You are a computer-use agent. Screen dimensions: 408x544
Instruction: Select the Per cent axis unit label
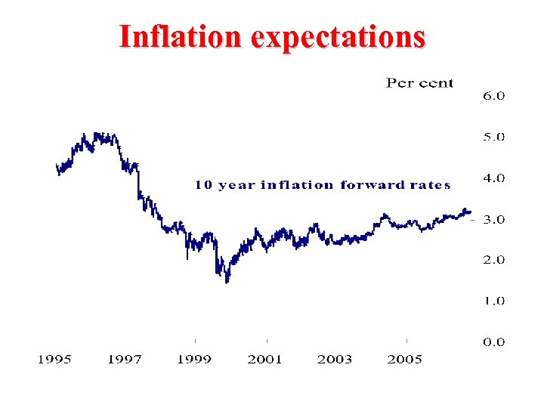pyautogui.click(x=419, y=83)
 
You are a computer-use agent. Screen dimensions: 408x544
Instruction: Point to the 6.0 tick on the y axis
pyautogui.click(x=493, y=96)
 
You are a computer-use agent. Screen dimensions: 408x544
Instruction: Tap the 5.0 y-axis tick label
pyautogui.click(x=493, y=138)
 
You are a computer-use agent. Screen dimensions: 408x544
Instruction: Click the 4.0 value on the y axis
pyautogui.click(x=493, y=178)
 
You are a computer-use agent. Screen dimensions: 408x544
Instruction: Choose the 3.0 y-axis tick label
pyautogui.click(x=493, y=219)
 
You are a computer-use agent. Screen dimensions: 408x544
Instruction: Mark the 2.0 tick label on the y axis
pyautogui.click(x=493, y=260)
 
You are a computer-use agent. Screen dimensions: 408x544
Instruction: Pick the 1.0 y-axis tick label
pyautogui.click(x=493, y=301)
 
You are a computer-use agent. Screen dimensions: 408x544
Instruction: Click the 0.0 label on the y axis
pyautogui.click(x=493, y=342)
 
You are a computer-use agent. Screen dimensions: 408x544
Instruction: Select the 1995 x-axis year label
pyautogui.click(x=54, y=360)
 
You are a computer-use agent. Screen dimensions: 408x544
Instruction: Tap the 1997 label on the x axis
pyautogui.click(x=124, y=360)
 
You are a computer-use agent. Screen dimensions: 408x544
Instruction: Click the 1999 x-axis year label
pyautogui.click(x=194, y=360)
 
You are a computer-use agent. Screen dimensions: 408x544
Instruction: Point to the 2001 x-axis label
pyautogui.click(x=264, y=360)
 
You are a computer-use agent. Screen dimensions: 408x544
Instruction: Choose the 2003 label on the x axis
pyautogui.click(x=335, y=360)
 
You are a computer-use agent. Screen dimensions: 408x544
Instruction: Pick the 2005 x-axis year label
pyautogui.click(x=404, y=360)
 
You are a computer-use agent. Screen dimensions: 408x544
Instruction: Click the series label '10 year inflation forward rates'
pyautogui.click(x=323, y=185)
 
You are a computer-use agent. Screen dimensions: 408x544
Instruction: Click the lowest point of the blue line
pyautogui.click(x=227, y=281)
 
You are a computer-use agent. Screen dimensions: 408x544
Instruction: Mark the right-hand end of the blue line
pyautogui.click(x=470, y=212)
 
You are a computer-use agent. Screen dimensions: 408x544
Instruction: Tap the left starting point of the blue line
pyautogui.click(x=57, y=165)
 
